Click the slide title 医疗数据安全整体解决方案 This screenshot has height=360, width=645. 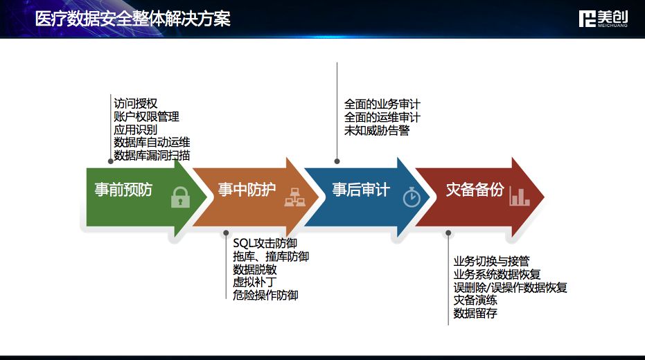tap(132, 19)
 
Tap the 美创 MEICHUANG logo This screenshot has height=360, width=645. tap(603, 19)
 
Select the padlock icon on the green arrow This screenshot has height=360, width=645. tap(180, 197)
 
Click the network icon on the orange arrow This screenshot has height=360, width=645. tap(294, 197)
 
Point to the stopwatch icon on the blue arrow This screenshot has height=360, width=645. tap(412, 197)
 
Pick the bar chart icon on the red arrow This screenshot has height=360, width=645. tap(520, 196)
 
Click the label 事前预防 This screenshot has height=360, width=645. tap(123, 190)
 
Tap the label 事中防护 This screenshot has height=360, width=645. tap(247, 190)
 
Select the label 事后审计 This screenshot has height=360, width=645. tap(361, 190)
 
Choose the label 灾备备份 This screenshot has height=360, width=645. tap(475, 190)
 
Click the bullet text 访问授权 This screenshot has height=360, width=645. tap(135, 104)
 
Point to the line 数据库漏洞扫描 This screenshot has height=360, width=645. tap(152, 155)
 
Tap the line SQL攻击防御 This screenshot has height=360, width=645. tap(265, 243)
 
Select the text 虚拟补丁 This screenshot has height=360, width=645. tap(255, 282)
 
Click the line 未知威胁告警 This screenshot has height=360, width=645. tap(377, 130)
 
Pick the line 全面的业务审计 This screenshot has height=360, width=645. tap(382, 104)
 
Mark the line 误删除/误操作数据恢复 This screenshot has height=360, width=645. tap(510, 287)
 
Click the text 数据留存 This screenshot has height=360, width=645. tap(475, 313)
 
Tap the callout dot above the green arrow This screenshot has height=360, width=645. tap(111, 161)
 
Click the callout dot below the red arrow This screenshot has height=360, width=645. tap(448, 233)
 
